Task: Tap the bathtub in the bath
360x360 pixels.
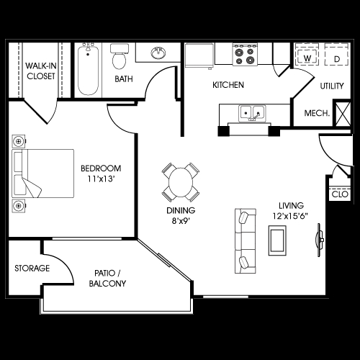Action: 88,70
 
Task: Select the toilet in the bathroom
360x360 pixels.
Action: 119,55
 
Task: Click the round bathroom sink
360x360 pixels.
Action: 158,53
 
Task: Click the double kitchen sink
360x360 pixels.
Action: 252,113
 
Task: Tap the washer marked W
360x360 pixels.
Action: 307,57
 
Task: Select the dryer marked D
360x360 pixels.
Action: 336,57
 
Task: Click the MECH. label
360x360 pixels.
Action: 317,113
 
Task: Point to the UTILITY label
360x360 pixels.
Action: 332,86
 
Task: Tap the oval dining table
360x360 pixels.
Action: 181,182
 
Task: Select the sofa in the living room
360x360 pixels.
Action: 244,238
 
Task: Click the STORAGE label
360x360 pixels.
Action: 32,269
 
